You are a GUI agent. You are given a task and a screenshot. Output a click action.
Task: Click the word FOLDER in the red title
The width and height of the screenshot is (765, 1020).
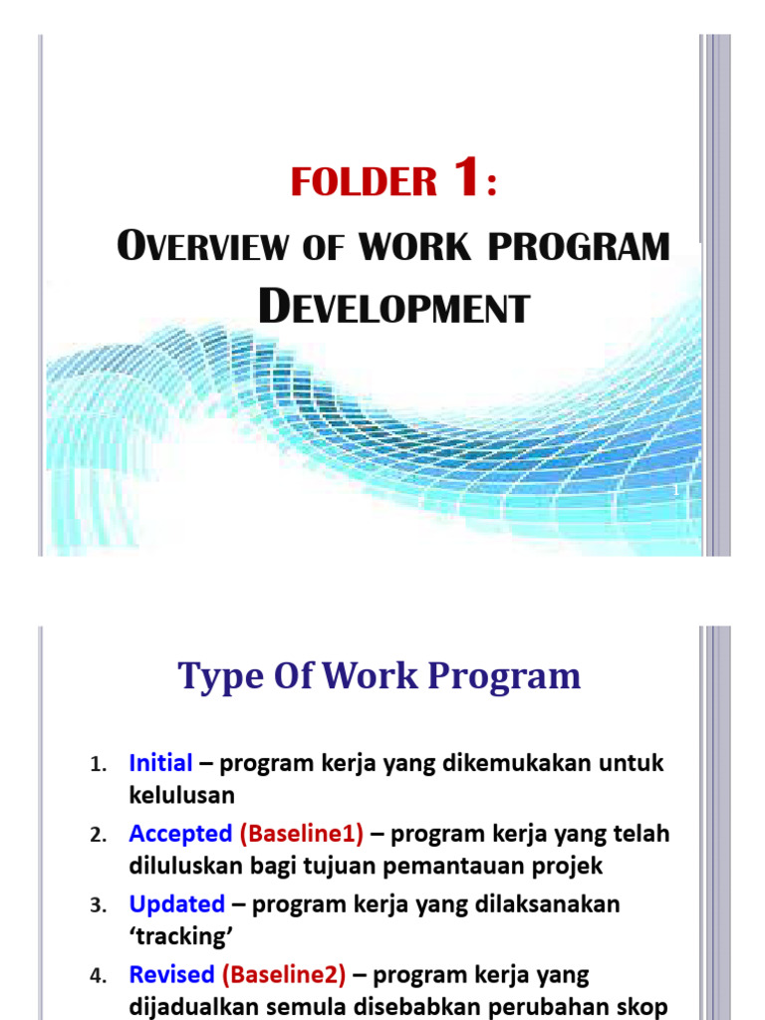[364, 182]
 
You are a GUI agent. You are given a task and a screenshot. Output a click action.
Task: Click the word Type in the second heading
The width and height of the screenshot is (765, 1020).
[221, 677]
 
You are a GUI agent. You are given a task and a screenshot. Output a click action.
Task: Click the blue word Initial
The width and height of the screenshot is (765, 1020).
[160, 764]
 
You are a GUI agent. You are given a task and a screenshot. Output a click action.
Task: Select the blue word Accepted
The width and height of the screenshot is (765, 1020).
[180, 834]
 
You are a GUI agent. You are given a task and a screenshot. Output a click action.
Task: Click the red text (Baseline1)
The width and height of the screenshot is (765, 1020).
[302, 834]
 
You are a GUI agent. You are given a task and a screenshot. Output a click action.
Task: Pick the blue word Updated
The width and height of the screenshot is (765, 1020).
[176, 904]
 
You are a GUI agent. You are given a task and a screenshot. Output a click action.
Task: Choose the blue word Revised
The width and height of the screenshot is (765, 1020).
[171, 974]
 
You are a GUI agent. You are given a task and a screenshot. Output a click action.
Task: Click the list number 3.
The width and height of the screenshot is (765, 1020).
[97, 905]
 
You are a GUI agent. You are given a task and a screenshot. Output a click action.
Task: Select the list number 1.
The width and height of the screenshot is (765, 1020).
[97, 765]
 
